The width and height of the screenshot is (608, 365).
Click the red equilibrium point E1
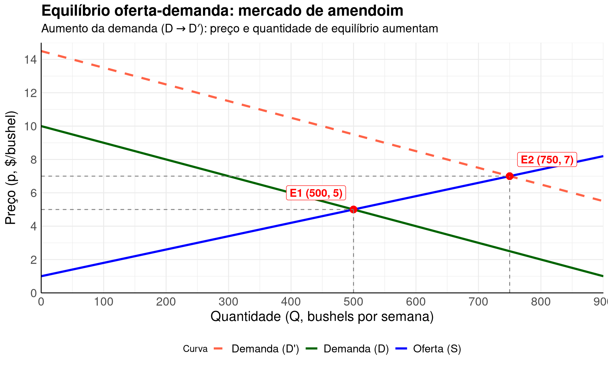click(353, 209)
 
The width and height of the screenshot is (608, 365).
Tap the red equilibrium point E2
click(510, 176)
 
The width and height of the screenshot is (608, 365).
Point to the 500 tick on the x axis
click(353, 302)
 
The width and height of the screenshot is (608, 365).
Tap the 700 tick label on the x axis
click(478, 302)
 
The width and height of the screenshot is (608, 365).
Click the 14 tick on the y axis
click(31, 60)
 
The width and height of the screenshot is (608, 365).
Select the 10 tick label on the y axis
click(31, 126)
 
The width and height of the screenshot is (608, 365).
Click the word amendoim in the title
click(365, 11)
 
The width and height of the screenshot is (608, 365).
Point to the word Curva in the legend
click(195, 349)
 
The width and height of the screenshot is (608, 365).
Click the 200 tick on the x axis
click(166, 302)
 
